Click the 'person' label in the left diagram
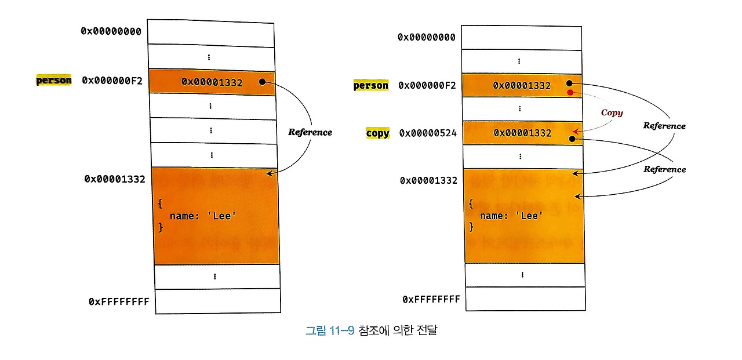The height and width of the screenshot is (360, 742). click(x=54, y=81)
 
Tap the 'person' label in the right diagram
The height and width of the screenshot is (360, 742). click(x=371, y=86)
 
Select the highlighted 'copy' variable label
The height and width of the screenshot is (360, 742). click(x=377, y=133)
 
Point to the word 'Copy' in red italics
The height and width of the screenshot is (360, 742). click(x=612, y=112)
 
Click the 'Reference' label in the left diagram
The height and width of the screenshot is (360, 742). click(x=310, y=132)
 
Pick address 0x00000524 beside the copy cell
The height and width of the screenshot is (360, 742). click(x=428, y=133)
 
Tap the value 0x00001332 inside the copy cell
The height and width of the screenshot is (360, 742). click(x=522, y=133)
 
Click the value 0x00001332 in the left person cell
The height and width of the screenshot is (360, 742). click(x=212, y=82)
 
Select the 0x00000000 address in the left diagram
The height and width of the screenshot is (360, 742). click(x=111, y=31)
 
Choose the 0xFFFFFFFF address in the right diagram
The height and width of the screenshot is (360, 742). click(x=431, y=299)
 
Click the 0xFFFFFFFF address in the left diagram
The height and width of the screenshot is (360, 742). click(x=119, y=301)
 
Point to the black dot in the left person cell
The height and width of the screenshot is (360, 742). click(x=262, y=82)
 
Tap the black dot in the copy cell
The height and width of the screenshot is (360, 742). click(x=572, y=139)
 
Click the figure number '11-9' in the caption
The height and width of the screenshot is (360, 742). click(x=342, y=331)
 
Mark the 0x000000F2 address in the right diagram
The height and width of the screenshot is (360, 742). click(x=427, y=86)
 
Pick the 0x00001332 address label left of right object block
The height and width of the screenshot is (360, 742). click(x=428, y=180)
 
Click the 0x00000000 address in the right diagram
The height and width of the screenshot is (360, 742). click(x=427, y=37)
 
